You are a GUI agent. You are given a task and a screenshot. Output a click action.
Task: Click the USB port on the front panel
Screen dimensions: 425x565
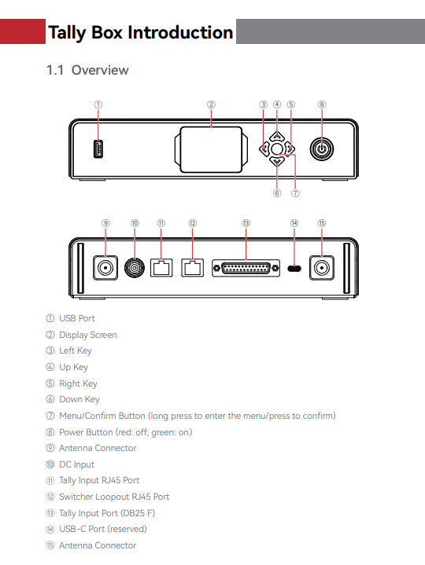tap(98, 149)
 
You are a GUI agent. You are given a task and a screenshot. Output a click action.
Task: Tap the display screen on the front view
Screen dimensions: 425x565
tap(211, 149)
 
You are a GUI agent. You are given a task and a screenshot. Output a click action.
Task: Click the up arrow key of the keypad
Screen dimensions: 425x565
tap(277, 136)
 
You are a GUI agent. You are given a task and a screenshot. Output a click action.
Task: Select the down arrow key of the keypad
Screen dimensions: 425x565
tap(277, 161)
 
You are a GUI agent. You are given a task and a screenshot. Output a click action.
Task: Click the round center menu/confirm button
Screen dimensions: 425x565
tap(277, 149)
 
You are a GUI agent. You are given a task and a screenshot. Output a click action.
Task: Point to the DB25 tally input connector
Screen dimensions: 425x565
tap(246, 268)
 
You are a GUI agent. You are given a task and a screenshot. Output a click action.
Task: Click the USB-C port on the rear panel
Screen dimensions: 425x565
tap(294, 269)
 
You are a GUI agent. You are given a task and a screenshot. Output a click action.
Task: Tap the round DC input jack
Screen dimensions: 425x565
tap(135, 268)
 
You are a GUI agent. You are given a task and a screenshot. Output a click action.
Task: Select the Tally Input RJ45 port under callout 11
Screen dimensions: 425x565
tap(161, 267)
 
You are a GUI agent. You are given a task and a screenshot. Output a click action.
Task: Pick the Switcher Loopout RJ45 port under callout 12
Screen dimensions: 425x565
tap(192, 267)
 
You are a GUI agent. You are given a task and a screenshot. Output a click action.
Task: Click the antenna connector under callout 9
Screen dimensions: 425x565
tap(105, 268)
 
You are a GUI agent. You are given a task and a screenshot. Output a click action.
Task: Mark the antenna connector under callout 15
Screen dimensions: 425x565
tap(322, 268)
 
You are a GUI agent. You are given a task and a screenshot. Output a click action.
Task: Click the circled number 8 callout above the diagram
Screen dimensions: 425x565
tap(322, 105)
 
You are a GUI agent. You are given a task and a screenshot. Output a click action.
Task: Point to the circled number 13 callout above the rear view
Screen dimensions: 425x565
tap(246, 223)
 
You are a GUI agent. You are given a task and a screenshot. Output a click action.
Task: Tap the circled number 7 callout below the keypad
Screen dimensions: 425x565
tap(295, 193)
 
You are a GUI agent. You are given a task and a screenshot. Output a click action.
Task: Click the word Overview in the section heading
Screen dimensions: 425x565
tap(100, 70)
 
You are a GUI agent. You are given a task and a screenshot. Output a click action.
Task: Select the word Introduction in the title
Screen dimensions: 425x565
tap(180, 32)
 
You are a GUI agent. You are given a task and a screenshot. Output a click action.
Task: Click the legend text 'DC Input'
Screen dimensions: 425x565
tap(76, 464)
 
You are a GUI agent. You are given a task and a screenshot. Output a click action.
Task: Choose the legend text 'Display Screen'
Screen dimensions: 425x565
tap(88, 335)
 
